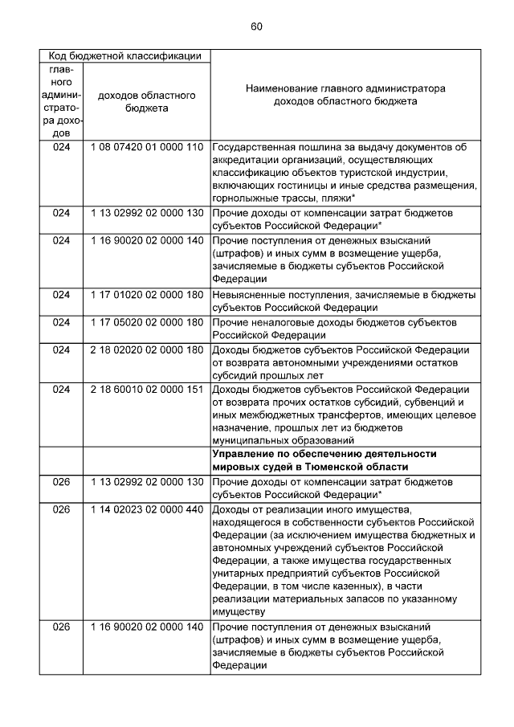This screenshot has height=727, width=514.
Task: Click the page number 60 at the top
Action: click(x=256, y=27)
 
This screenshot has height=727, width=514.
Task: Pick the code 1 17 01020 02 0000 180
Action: click(x=146, y=295)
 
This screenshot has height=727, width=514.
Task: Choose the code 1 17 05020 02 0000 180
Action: click(x=146, y=322)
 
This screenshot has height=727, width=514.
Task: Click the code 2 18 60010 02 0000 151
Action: click(x=146, y=390)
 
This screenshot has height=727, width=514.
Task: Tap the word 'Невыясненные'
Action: click(x=250, y=295)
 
